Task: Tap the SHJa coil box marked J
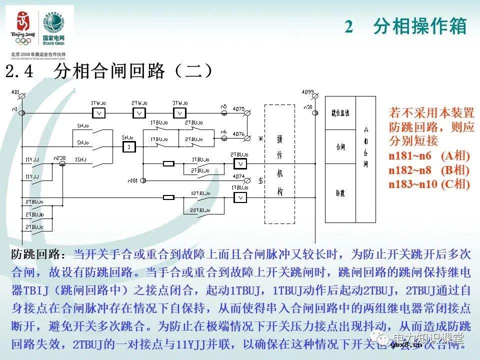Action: [128, 147]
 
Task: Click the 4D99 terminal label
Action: [307, 92]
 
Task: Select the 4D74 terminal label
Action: [238, 176]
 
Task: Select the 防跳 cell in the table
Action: [340, 191]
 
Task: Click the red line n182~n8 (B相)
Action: [429, 170]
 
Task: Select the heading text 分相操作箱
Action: [420, 26]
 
